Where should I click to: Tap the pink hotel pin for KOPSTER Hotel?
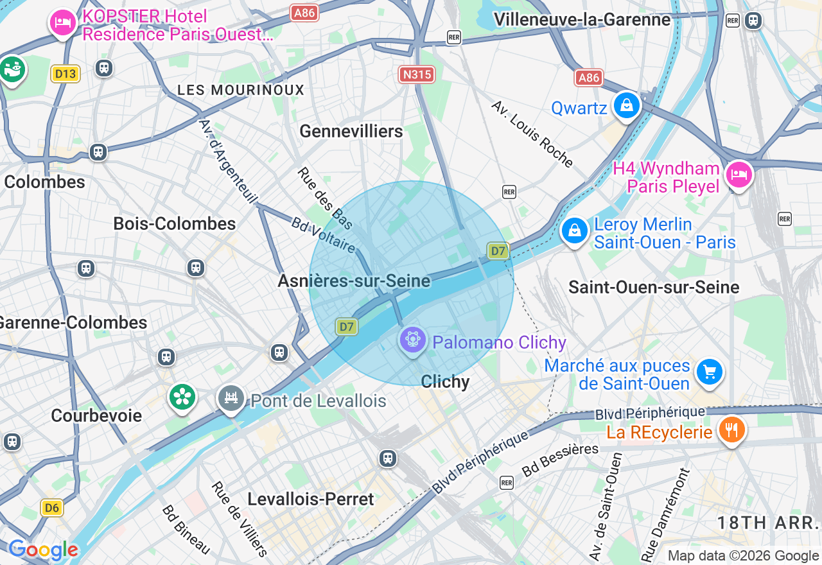pyautogui.click(x=62, y=23)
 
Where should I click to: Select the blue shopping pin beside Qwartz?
pyautogui.click(x=626, y=106)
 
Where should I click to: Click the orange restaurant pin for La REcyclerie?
pyautogui.click(x=731, y=430)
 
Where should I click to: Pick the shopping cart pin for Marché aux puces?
pyautogui.click(x=709, y=372)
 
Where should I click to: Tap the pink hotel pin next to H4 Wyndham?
pyautogui.click(x=739, y=175)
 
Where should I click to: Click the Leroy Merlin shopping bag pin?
pyautogui.click(x=575, y=230)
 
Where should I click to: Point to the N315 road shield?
pyautogui.click(x=417, y=74)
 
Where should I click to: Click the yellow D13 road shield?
pyautogui.click(x=66, y=74)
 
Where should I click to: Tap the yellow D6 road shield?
pyautogui.click(x=52, y=508)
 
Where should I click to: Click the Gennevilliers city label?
pyautogui.click(x=351, y=131)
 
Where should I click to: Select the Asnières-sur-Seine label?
pyautogui.click(x=354, y=281)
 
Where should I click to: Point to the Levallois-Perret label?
pyautogui.click(x=311, y=499)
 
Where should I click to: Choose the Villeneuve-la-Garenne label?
pyautogui.click(x=582, y=20)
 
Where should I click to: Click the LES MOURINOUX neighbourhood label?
pyautogui.click(x=241, y=90)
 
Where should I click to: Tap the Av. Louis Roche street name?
pyautogui.click(x=532, y=134)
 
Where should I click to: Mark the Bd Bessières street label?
pyautogui.click(x=561, y=460)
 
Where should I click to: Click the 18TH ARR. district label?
pyautogui.click(x=769, y=522)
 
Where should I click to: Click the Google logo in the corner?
pyautogui.click(x=44, y=550)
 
